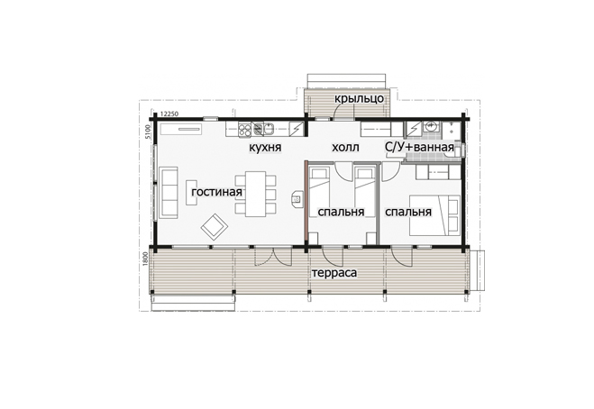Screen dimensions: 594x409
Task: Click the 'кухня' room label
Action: [265, 148]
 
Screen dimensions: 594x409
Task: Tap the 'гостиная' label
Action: [216, 192]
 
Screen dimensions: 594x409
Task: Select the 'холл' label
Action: [345, 147]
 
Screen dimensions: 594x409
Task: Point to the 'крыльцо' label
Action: [359, 98]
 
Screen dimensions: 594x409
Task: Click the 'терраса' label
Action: [334, 273]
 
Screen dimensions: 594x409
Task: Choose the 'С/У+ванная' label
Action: [419, 148]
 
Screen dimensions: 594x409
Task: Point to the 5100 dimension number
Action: [148, 132]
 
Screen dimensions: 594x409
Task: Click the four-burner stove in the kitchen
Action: [245, 129]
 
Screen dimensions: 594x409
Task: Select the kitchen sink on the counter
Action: [270, 129]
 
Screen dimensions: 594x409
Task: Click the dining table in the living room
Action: [255, 194]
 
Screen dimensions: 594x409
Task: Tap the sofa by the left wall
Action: [169, 193]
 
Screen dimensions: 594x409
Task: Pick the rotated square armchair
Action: [215, 226]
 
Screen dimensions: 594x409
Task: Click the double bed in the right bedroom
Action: [434, 215]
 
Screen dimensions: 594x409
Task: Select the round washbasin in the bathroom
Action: [432, 125]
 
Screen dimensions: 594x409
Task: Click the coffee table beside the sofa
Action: [191, 193]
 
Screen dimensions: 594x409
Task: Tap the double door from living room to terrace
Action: [273, 257]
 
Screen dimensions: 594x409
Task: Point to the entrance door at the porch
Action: [344, 112]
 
